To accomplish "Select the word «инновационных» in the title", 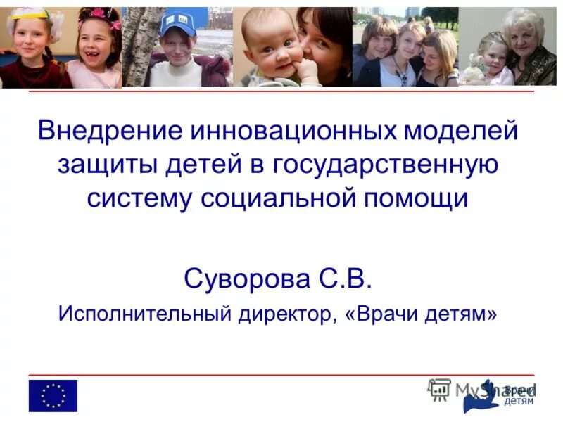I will [x=282, y=132].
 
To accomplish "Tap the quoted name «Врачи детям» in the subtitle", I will [x=421, y=313].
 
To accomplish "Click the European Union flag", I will [x=53, y=396].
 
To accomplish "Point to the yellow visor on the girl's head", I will [x=28, y=13].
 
